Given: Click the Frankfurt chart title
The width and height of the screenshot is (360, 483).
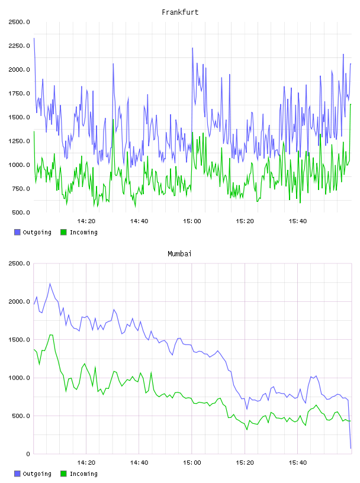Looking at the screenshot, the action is tap(180, 12).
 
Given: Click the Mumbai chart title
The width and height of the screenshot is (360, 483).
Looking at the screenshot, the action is tap(179, 254).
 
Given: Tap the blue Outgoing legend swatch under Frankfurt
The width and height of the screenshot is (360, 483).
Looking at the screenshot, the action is tap(17, 232).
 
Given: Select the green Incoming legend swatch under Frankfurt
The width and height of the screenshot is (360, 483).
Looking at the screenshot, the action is tap(63, 232).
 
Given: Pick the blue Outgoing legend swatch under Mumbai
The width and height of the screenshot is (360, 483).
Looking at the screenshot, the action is tap(17, 474).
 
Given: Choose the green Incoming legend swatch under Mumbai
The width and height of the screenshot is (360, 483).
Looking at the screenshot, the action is tap(63, 474).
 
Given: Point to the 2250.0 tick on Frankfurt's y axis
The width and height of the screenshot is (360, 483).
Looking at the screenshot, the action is tap(19, 46).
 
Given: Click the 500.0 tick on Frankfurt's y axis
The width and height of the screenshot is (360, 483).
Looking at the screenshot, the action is tap(21, 212).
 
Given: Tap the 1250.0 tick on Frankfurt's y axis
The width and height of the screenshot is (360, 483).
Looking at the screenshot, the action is tap(19, 141).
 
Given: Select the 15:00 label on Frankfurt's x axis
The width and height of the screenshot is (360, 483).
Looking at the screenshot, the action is tap(192, 221).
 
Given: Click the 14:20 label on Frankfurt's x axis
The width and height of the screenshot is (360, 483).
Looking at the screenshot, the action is tap(86, 221).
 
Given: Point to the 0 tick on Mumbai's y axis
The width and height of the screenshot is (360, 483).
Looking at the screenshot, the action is tap(28, 454).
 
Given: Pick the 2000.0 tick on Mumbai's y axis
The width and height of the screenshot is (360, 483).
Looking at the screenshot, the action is tap(19, 301).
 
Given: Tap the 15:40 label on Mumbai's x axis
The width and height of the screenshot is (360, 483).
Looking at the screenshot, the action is tap(297, 463).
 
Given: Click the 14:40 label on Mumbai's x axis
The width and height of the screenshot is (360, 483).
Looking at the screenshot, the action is tap(139, 463).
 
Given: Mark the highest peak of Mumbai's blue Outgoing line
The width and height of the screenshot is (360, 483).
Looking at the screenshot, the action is tap(50, 284).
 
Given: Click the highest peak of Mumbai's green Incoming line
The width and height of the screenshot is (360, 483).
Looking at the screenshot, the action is tap(51, 334).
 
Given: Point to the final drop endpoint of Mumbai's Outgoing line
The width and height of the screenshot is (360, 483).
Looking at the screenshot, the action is tap(351, 448).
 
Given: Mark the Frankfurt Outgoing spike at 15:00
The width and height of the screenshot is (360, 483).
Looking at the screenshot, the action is tap(192, 48).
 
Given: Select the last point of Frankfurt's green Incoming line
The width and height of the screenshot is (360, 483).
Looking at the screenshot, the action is tap(351, 104).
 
